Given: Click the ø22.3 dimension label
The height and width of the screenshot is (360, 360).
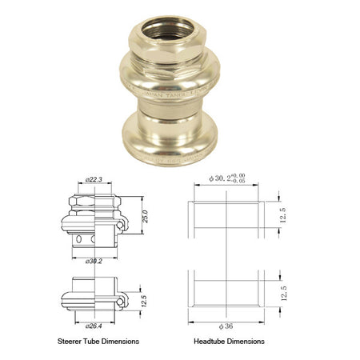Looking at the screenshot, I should pyautogui.click(x=94, y=181).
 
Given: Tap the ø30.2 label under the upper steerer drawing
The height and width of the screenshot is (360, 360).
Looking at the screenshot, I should pyautogui.click(x=94, y=260).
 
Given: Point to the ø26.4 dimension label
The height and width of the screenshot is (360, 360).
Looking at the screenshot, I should pyautogui.click(x=94, y=326).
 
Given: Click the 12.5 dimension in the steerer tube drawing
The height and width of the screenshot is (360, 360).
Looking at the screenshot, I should pyautogui.click(x=142, y=299).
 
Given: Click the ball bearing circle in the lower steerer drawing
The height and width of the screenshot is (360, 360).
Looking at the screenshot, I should pyautogui.click(x=119, y=302).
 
